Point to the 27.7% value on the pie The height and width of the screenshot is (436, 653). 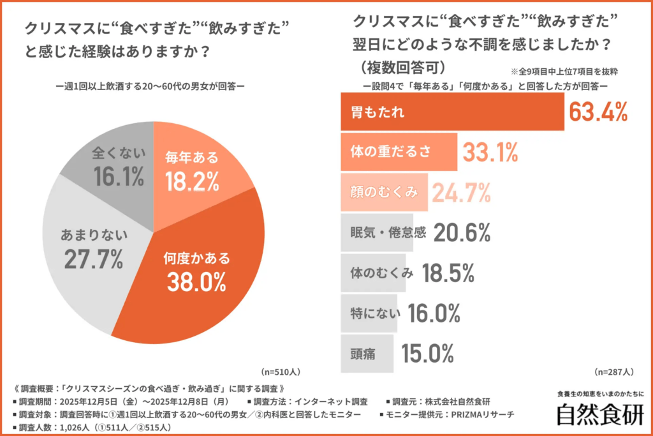click(x=94, y=259)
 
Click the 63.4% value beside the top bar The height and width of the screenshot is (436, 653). click(x=598, y=112)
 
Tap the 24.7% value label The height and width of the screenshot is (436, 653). click(x=462, y=192)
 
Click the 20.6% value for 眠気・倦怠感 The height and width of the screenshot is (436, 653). click(x=462, y=233)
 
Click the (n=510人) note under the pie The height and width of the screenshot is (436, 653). click(x=281, y=371)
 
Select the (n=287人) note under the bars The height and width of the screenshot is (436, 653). click(x=613, y=371)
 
